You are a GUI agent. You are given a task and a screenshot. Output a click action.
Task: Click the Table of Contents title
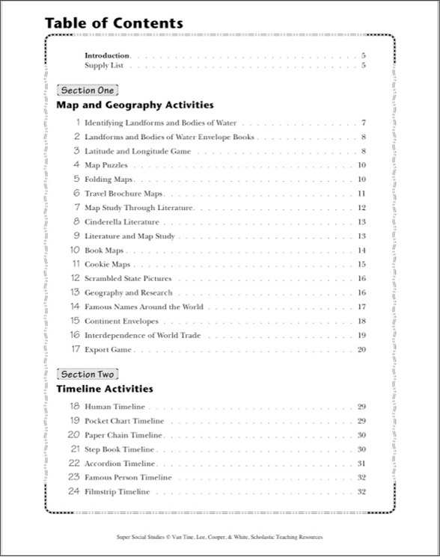(x=114, y=23)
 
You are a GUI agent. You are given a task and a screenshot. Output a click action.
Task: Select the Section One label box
(x=88, y=90)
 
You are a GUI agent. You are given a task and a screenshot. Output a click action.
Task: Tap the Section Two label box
(x=88, y=374)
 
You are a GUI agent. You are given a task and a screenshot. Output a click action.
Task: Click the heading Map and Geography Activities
(x=135, y=105)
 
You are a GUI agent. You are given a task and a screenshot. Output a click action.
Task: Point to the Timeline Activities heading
(x=105, y=389)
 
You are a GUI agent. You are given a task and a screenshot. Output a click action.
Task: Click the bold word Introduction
(x=107, y=55)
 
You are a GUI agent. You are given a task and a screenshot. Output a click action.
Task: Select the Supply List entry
(x=104, y=66)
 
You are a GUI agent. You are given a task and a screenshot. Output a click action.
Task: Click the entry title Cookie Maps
(x=108, y=265)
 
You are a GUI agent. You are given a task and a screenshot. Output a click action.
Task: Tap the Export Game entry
(x=109, y=350)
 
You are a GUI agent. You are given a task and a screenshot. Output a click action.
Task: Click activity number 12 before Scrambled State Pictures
(x=75, y=279)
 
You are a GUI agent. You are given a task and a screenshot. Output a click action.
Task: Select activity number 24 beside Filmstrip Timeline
(x=73, y=492)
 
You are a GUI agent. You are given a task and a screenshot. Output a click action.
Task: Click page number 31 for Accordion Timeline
(x=361, y=464)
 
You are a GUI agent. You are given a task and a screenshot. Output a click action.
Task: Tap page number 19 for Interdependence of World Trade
(x=361, y=336)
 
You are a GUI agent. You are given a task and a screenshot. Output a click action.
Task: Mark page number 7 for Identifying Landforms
(x=363, y=123)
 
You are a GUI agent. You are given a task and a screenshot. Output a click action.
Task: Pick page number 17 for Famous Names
(x=361, y=307)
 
